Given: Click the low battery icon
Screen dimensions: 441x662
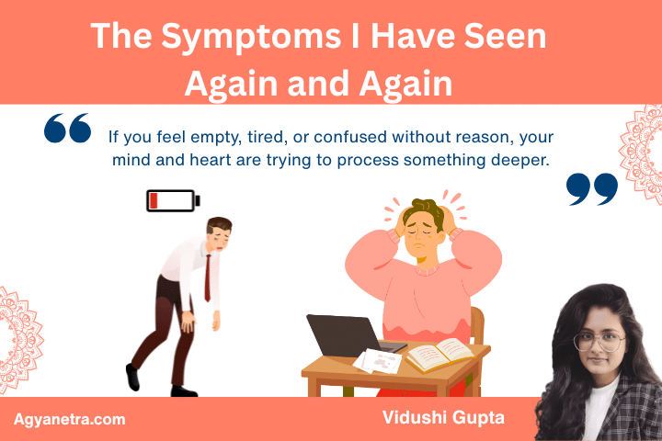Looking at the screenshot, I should tap(172, 200).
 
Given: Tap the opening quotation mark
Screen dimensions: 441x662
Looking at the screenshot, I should tap(67, 130).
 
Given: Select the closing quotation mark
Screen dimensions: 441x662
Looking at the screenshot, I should tap(591, 188).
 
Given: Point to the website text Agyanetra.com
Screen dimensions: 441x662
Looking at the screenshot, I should tap(69, 419).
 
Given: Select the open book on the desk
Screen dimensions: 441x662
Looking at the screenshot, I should tap(439, 352).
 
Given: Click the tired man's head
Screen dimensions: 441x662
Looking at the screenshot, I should tap(218, 232).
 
